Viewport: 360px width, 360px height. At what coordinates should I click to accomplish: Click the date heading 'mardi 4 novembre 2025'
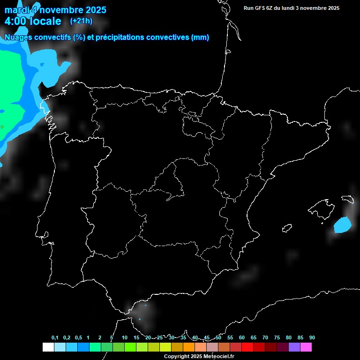pyautogui.click(x=55, y=10)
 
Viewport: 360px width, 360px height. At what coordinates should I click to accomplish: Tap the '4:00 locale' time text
pyautogui.click(x=33, y=21)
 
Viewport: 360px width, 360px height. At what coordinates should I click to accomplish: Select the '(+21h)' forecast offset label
pyautogui.click(x=81, y=21)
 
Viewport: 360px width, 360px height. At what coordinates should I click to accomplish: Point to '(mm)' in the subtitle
pyautogui.click(x=200, y=37)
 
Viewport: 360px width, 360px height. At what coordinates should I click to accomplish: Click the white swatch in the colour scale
pyautogui.click(x=48, y=347)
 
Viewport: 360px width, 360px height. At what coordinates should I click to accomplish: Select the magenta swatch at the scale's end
pyautogui.click(x=306, y=347)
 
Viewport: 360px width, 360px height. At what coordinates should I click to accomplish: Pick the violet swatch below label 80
pyautogui.click(x=294, y=347)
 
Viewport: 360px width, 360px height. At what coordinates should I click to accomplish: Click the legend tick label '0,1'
pyautogui.click(x=55, y=338)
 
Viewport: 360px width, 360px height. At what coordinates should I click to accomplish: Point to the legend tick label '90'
pyautogui.click(x=312, y=338)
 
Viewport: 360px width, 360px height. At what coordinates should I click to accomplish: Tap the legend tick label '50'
pyautogui.click(x=218, y=338)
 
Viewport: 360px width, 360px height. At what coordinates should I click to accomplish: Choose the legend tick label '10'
pyautogui.click(x=125, y=338)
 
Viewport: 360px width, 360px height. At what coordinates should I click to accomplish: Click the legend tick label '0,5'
pyautogui.click(x=78, y=338)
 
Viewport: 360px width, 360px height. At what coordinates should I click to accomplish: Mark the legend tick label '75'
pyautogui.click(x=277, y=338)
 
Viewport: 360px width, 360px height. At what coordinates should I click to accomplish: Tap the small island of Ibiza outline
pyautogui.click(x=287, y=228)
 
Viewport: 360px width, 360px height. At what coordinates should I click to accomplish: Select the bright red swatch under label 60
pyautogui.click(x=247, y=347)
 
